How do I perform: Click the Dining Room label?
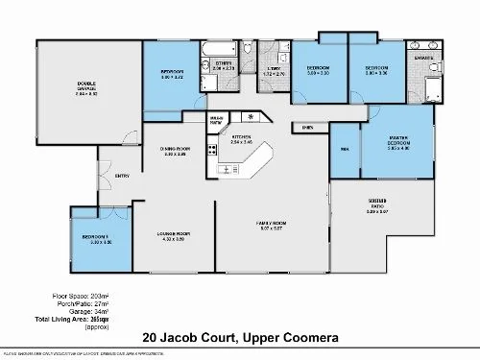[175, 151]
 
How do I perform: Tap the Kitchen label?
[241, 139]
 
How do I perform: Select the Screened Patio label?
[377, 207]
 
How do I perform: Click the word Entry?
[123, 176]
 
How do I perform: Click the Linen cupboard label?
[307, 126]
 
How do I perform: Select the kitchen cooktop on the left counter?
[227, 170]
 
